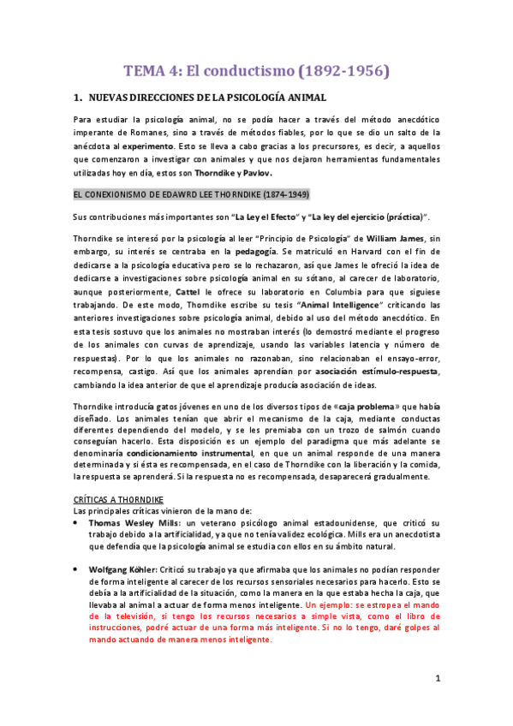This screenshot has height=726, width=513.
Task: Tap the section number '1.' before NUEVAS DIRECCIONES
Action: [77, 98]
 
